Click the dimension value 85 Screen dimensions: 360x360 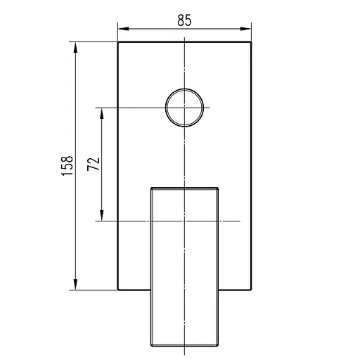coord(184,20)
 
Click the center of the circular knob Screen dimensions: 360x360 coord(184,108)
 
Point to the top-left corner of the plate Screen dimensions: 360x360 coord(117,41)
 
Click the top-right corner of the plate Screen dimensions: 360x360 coord(251,41)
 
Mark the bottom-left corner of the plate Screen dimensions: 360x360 coord(117,289)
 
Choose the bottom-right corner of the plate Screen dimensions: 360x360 coord(251,289)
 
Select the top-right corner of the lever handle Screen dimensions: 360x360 coord(219,188)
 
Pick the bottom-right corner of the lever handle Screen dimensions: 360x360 coord(219,347)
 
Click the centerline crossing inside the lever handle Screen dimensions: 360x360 coord(184,221)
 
